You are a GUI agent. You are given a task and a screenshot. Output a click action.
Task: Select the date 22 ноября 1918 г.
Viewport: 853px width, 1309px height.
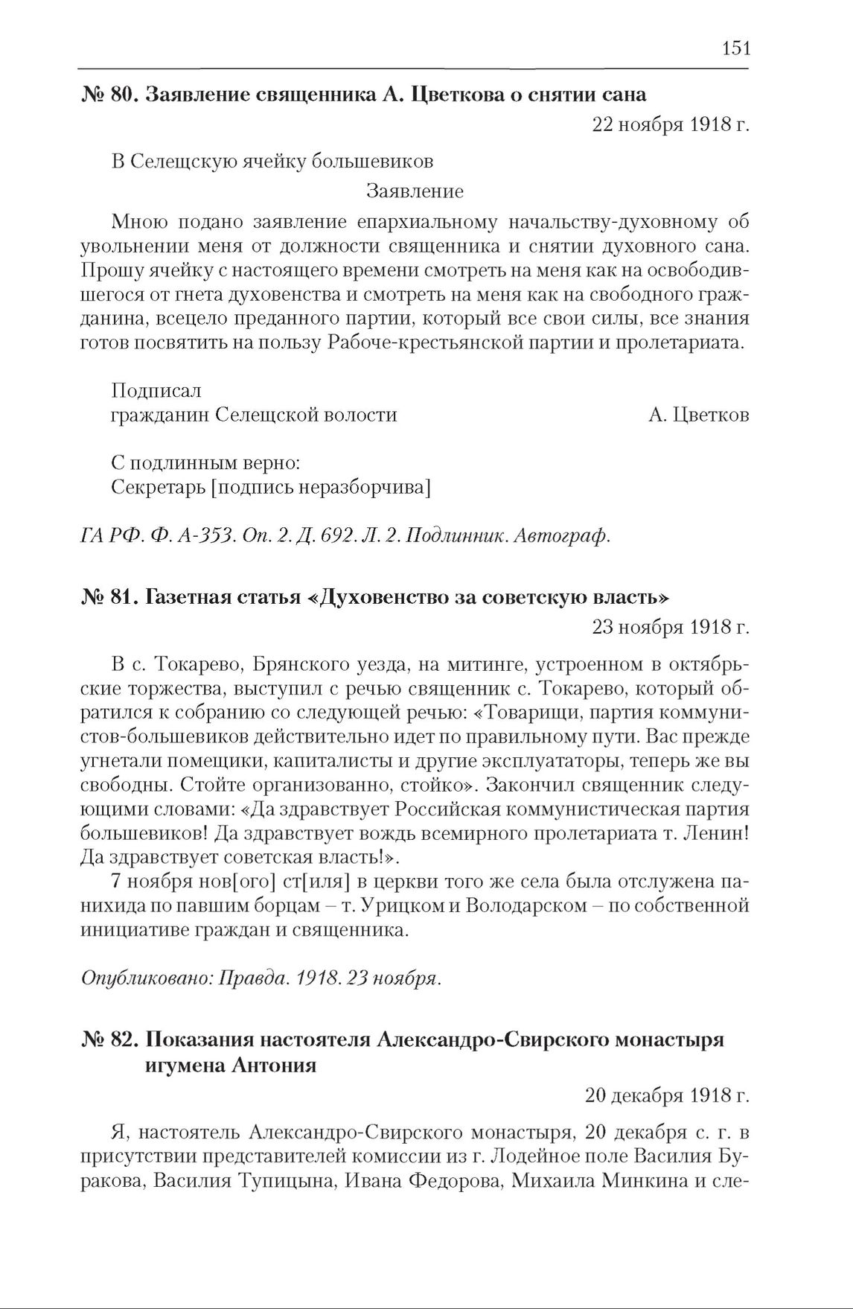[x=670, y=124]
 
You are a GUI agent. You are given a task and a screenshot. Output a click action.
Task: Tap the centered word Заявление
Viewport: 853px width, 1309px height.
[x=415, y=191]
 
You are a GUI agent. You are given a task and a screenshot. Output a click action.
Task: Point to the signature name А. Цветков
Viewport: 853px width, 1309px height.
[x=698, y=415]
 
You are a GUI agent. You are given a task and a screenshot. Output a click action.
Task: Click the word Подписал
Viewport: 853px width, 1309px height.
[x=156, y=390]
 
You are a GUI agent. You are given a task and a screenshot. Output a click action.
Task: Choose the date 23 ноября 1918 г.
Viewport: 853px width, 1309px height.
[x=670, y=627]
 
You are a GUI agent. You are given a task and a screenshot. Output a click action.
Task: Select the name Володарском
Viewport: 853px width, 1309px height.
[x=534, y=906]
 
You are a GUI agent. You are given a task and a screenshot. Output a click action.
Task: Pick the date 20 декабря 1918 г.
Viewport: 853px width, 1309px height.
[x=666, y=1096]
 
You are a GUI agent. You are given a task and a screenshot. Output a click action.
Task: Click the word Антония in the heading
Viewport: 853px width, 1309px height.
[x=275, y=1066]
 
